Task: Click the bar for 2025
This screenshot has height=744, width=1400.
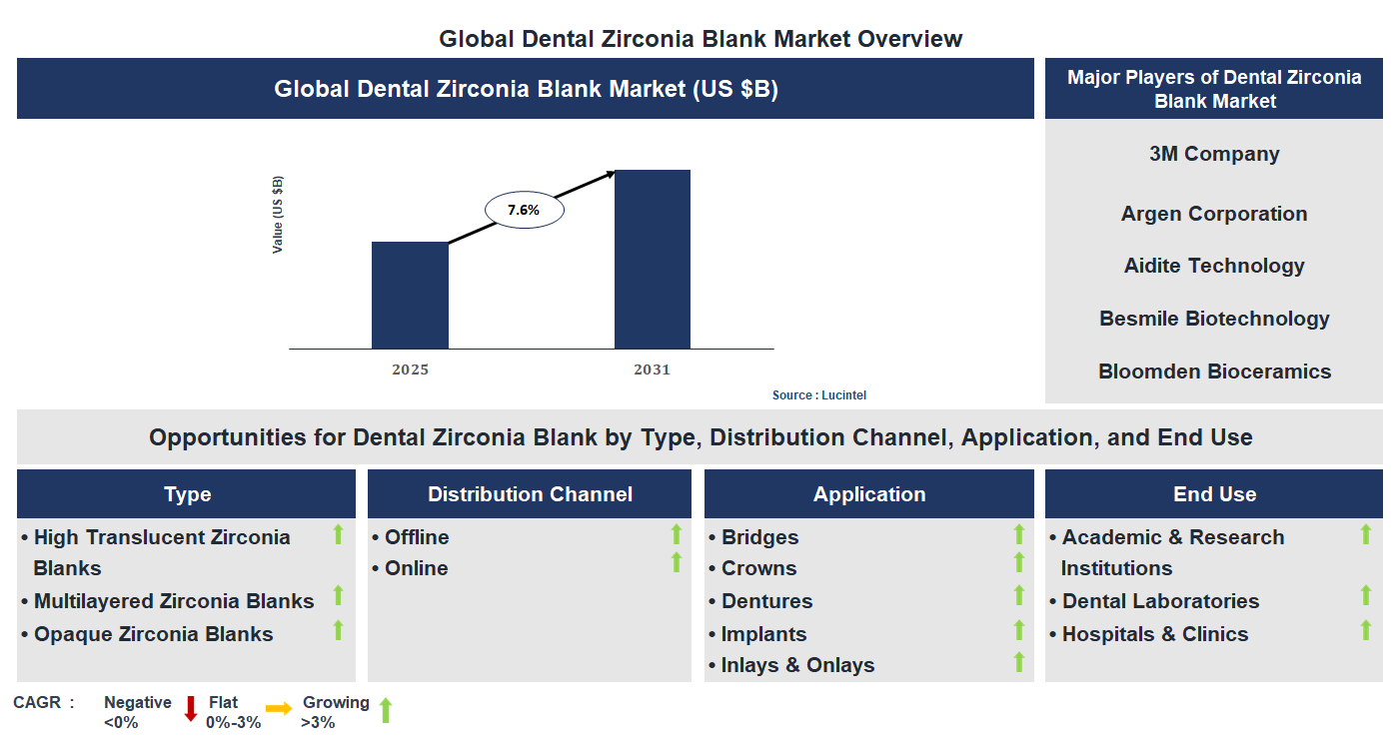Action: [410, 296]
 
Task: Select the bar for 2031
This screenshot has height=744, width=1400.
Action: [652, 260]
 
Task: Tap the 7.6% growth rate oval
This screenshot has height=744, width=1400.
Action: [525, 211]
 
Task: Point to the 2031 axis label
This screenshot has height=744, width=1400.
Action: [652, 370]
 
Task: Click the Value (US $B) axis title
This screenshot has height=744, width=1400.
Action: [278, 215]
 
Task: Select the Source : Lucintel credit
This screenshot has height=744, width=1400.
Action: [819, 395]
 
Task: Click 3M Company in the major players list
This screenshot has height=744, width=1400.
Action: [1214, 154]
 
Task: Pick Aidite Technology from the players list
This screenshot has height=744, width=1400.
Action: [1214, 266]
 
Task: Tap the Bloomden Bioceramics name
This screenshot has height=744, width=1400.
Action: [1214, 372]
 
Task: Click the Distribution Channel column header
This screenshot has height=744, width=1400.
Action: [530, 494]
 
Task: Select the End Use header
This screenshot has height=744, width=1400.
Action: [1214, 494]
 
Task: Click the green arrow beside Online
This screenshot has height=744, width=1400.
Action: [677, 563]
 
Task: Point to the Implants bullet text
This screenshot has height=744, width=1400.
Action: [763, 634]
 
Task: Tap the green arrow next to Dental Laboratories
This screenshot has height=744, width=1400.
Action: [1366, 596]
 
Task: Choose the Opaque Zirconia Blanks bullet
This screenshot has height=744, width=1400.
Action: [153, 634]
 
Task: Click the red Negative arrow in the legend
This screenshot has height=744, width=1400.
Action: [191, 709]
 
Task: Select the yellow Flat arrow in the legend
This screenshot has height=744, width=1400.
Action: [279, 709]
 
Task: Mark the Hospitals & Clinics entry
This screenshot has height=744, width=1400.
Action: [1154, 634]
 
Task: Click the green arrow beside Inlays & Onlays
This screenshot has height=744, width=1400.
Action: [1019, 662]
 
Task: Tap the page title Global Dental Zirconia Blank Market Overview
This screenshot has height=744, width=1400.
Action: [700, 39]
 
